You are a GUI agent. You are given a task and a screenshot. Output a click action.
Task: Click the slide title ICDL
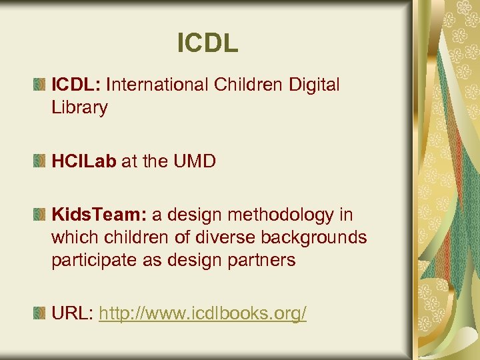pos(207,43)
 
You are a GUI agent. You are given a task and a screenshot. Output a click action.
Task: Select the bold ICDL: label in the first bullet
pos(76,85)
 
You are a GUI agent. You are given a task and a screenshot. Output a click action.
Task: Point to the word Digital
pos(314,85)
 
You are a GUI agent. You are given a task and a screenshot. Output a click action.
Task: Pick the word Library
pos(79,108)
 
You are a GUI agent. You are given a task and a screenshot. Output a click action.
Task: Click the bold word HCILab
pos(83,161)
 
